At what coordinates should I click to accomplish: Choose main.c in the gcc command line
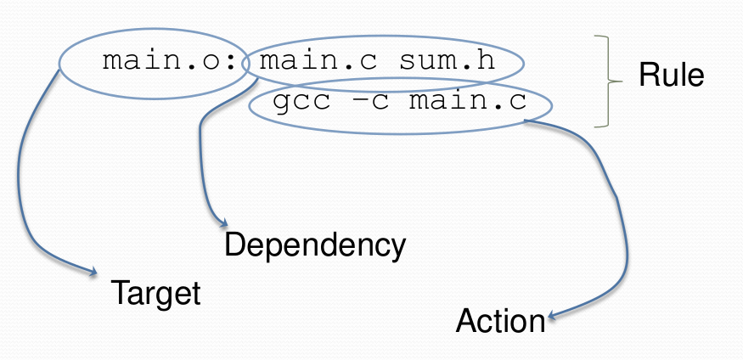[467, 104]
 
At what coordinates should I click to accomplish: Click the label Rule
[671, 76]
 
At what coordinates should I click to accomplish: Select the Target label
[156, 293]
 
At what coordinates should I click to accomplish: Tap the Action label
[500, 321]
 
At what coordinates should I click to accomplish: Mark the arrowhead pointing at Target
[93, 273]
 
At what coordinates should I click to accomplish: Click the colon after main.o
[243, 63]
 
